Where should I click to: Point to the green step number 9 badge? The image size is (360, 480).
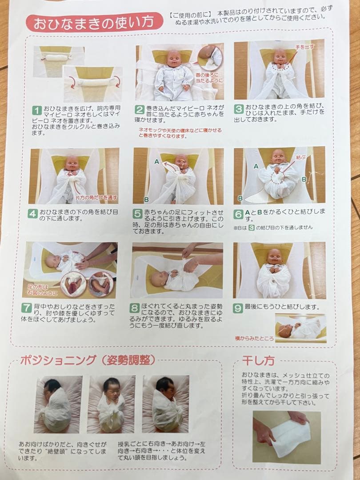coord(238,308)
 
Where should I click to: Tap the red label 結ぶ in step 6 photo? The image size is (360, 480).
coord(300,157)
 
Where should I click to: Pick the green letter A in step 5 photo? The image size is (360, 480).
coord(156,162)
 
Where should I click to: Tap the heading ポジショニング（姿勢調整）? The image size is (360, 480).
coord(87,360)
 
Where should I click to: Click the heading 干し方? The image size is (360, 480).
coord(259,360)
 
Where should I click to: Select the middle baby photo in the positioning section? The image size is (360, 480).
coord(111,404)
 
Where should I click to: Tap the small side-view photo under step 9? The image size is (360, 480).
coord(300,328)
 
